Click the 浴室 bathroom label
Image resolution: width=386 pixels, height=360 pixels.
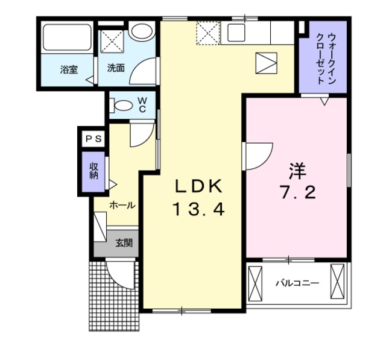pyautogui.click(x=68, y=69)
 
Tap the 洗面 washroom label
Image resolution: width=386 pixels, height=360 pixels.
pyautogui.click(x=116, y=68)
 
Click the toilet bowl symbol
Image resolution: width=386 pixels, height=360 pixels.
pyautogui.click(x=123, y=106)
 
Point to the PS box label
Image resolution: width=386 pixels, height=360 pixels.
pyautogui.click(x=93, y=139)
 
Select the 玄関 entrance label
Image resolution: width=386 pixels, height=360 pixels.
pyautogui.click(x=124, y=244)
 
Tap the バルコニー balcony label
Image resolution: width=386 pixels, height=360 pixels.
pyautogui.click(x=297, y=282)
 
